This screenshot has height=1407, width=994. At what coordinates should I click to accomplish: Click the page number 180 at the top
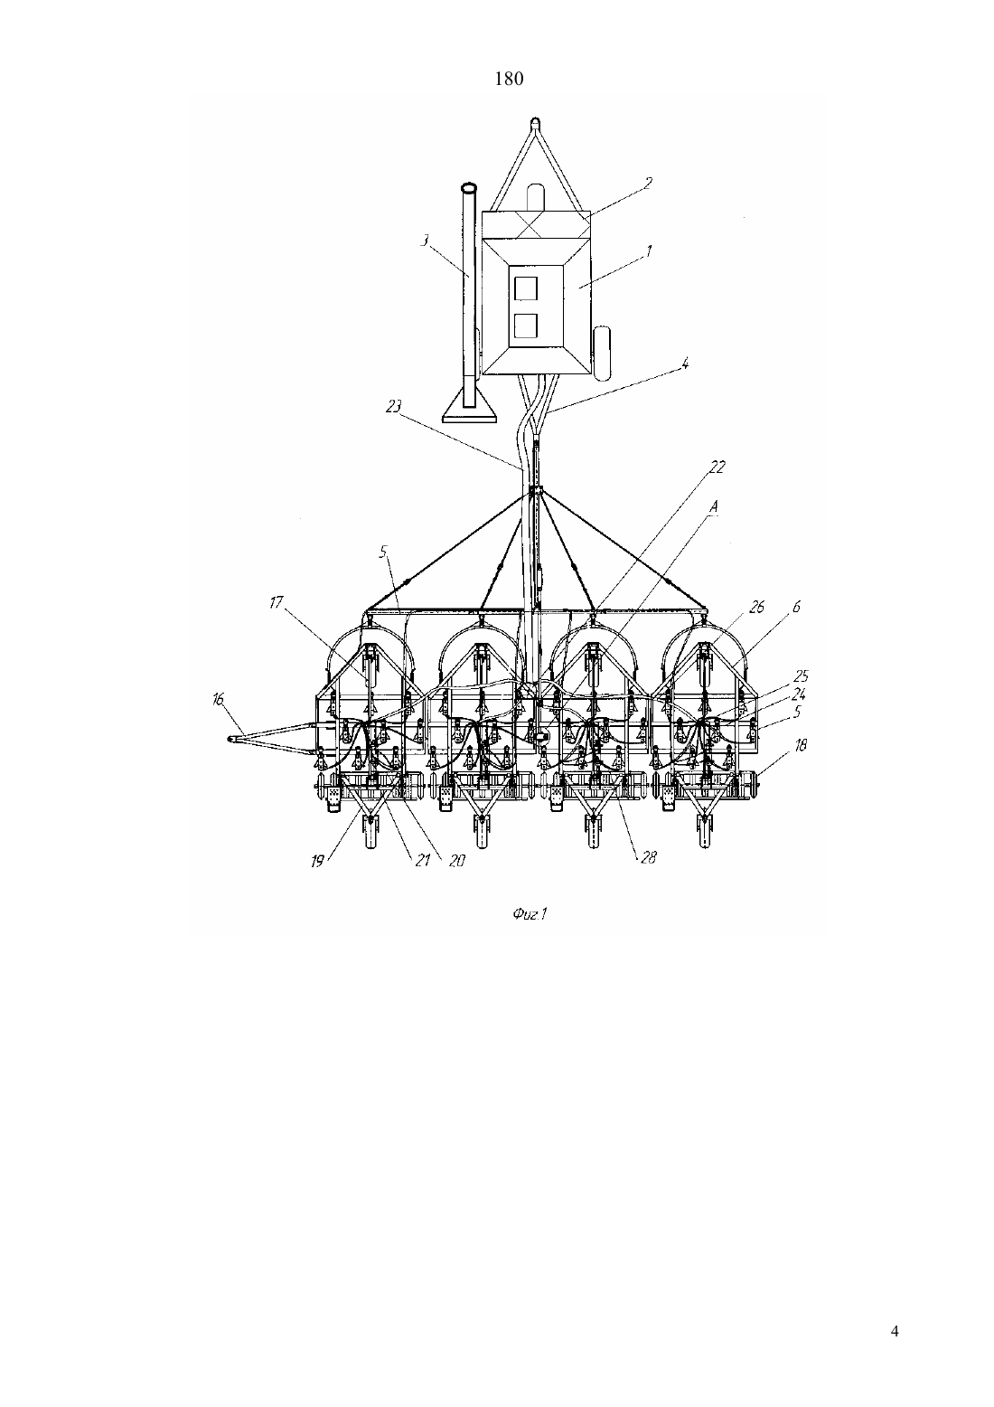click(x=509, y=79)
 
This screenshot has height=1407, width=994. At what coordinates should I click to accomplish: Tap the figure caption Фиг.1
click(x=530, y=914)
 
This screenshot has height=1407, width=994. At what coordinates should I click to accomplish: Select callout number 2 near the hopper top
click(x=647, y=183)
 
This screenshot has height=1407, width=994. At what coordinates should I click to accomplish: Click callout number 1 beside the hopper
click(x=649, y=252)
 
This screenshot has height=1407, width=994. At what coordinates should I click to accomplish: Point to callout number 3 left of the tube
click(x=425, y=241)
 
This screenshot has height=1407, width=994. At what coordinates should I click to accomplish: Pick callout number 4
click(x=685, y=364)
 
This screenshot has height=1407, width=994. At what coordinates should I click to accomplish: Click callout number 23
click(x=393, y=406)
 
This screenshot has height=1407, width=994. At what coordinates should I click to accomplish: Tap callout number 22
click(x=717, y=467)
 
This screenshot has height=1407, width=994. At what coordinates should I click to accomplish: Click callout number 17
click(x=277, y=603)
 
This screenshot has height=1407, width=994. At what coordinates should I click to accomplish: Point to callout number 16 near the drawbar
click(x=218, y=700)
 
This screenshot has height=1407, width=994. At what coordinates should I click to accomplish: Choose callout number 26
click(x=757, y=607)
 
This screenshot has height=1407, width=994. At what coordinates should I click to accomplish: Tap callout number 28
click(x=648, y=857)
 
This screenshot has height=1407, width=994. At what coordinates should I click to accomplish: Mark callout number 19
click(x=317, y=861)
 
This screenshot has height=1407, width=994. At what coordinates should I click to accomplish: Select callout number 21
click(x=422, y=860)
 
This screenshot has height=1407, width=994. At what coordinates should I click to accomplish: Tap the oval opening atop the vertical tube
click(x=469, y=188)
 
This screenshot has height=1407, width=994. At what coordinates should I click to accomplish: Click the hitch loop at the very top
click(x=535, y=121)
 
